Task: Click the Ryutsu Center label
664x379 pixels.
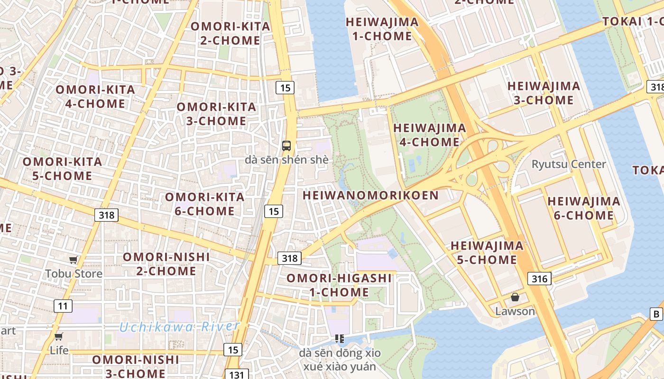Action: pyautogui.click(x=569, y=164)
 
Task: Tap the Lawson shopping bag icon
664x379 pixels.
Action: pyautogui.click(x=515, y=298)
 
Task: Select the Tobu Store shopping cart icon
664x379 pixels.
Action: pyautogui.click(x=74, y=260)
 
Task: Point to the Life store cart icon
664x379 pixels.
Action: pyautogui.click(x=59, y=336)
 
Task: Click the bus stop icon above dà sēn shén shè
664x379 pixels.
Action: pyautogui.click(x=286, y=145)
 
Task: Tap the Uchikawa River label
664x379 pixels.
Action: pyautogui.click(x=179, y=327)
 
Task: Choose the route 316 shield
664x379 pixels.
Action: pyautogui.click(x=540, y=279)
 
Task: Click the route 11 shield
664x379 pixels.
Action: pyautogui.click(x=63, y=306)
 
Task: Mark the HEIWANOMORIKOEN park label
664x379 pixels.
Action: pyautogui.click(x=370, y=195)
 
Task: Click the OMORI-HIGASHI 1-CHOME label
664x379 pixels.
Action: pyautogui.click(x=339, y=285)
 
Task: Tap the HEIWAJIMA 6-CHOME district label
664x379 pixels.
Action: pyautogui.click(x=583, y=208)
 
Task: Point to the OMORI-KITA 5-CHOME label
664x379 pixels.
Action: pyautogui.click(x=62, y=169)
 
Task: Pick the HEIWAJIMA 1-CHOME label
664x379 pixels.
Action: pyautogui.click(x=382, y=29)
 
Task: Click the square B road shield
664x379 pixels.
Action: pyautogui.click(x=656, y=314)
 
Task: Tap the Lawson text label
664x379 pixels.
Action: pyautogui.click(x=515, y=311)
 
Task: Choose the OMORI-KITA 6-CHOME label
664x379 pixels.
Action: pyautogui.click(x=204, y=204)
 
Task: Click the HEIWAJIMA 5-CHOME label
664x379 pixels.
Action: pyautogui.click(x=487, y=253)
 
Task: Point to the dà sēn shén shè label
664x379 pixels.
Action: pyautogui.click(x=286, y=160)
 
